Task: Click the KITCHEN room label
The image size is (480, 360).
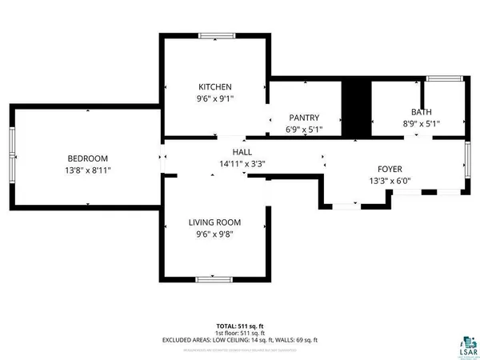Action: pos(215,86)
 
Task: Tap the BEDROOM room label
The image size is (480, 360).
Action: pos(87,158)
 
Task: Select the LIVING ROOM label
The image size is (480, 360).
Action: pos(214,222)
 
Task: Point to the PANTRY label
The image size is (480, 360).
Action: pos(303,117)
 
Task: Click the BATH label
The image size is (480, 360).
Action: pos(420,113)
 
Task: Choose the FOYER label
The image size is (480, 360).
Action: pos(390,169)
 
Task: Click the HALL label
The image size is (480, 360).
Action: pos(242,152)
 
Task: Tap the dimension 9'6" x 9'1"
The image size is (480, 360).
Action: pos(215,98)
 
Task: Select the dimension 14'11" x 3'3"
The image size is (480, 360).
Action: pos(242,164)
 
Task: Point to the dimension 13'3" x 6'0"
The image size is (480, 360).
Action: pos(390,181)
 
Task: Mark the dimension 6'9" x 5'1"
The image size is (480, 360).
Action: pos(303,128)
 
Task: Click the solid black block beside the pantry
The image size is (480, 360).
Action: pos(354,108)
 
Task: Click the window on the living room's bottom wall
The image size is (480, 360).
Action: pos(214,278)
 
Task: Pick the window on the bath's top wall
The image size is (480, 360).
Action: pos(438,78)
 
